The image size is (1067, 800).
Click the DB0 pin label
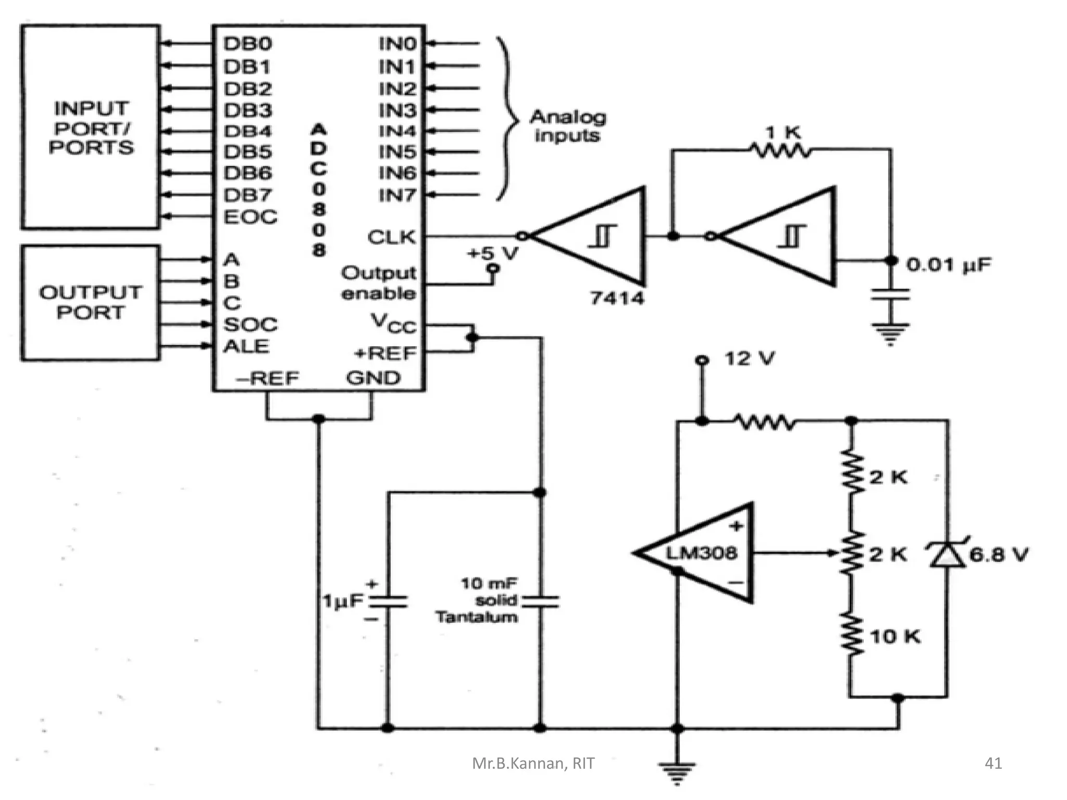click(x=248, y=44)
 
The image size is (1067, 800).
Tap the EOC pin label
click(x=251, y=217)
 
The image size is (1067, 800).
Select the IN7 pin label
click(x=398, y=195)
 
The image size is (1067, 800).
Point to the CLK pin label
click(x=392, y=238)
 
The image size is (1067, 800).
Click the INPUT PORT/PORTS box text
click(x=91, y=128)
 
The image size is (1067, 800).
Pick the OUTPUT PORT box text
click(x=91, y=302)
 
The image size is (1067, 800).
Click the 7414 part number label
click(x=617, y=298)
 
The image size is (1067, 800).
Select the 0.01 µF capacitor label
click(x=949, y=265)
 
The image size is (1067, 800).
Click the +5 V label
click(x=493, y=254)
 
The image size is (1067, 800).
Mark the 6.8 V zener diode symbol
click(x=948, y=554)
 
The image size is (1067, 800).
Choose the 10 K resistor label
click(x=895, y=636)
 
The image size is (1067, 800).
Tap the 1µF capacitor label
click(x=342, y=601)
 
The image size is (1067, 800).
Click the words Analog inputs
click(x=568, y=126)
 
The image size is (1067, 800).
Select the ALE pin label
click(x=246, y=346)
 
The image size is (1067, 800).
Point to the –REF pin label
click(x=267, y=378)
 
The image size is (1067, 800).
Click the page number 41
click(x=993, y=763)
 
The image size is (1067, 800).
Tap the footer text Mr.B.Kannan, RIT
click(x=533, y=764)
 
